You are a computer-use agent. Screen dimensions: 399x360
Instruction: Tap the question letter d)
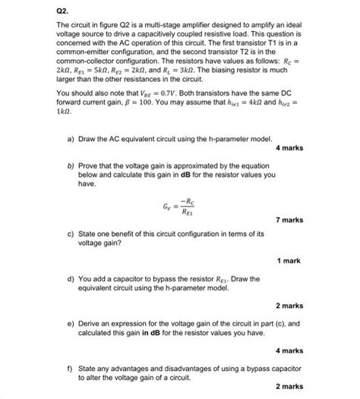click(x=71, y=278)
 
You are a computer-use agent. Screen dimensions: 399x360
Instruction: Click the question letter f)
click(x=71, y=368)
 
